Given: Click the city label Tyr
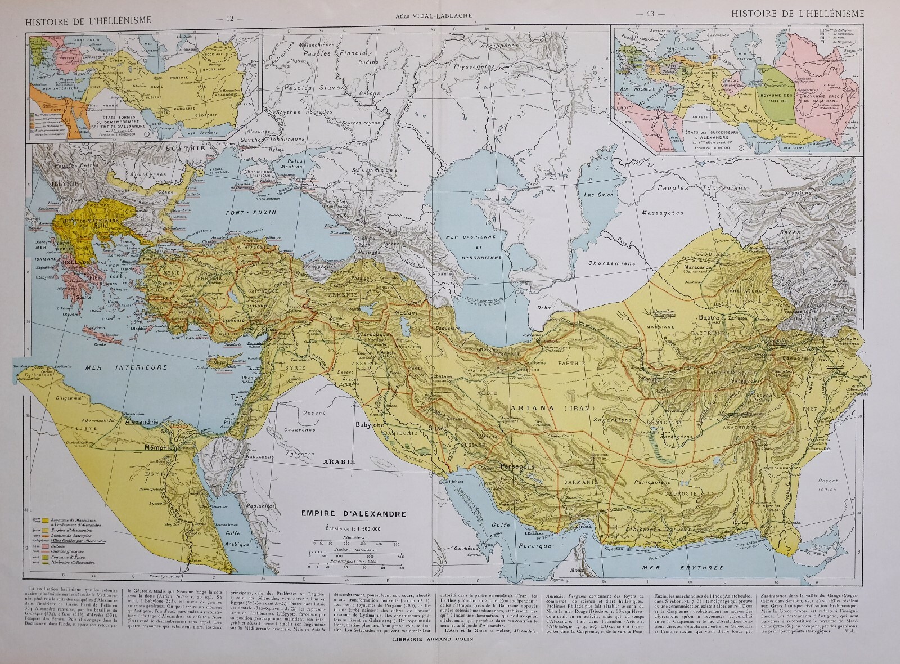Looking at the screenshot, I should pos(228,397).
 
